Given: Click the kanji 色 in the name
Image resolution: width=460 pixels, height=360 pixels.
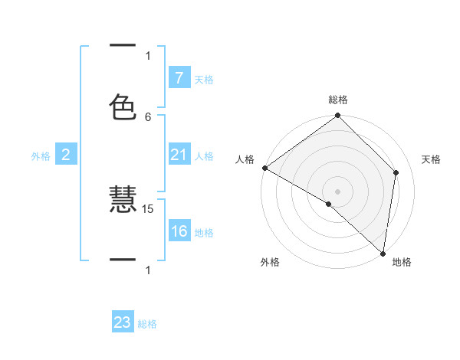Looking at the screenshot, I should (x=123, y=106).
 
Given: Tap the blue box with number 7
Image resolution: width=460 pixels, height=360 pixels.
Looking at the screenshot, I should (x=179, y=78).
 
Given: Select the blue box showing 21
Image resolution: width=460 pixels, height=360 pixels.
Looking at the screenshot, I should (x=179, y=155).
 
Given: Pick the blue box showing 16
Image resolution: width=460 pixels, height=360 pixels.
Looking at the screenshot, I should (x=179, y=231).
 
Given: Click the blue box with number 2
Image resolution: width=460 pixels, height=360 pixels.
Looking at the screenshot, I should (x=66, y=155).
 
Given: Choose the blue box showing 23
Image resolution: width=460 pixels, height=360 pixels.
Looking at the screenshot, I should (x=123, y=322).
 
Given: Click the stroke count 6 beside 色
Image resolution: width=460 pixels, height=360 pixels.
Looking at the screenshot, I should (x=148, y=116).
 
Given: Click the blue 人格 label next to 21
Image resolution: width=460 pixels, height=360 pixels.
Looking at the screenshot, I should (x=204, y=156).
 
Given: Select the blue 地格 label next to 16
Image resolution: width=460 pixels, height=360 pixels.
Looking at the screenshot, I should (x=204, y=232).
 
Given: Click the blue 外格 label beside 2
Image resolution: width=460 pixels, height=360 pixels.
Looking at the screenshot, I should (x=41, y=156).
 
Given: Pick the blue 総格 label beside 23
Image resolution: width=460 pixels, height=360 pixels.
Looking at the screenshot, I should (x=147, y=324).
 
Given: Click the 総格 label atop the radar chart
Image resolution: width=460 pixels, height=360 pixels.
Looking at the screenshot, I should (x=338, y=100).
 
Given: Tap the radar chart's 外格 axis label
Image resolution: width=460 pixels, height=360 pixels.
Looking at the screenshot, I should (x=270, y=263).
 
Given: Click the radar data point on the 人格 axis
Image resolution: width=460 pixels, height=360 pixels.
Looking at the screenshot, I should (x=264, y=168).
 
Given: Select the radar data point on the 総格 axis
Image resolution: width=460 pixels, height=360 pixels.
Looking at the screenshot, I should (x=338, y=116).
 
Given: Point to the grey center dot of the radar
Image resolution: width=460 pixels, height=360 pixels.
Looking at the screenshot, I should (x=338, y=191).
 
